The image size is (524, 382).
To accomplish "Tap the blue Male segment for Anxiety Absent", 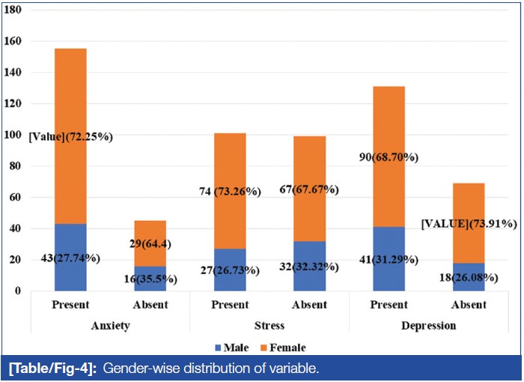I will click(x=150, y=278).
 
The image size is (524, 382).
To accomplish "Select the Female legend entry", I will click(x=282, y=348).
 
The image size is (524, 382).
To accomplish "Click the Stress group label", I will click(x=269, y=327).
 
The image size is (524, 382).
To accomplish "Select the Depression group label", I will click(x=428, y=327).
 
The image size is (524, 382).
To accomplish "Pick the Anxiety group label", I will click(x=110, y=327).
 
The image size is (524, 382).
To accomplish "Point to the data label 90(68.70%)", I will click(x=389, y=157).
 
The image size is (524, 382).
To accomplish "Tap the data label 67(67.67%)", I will click(x=309, y=191).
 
